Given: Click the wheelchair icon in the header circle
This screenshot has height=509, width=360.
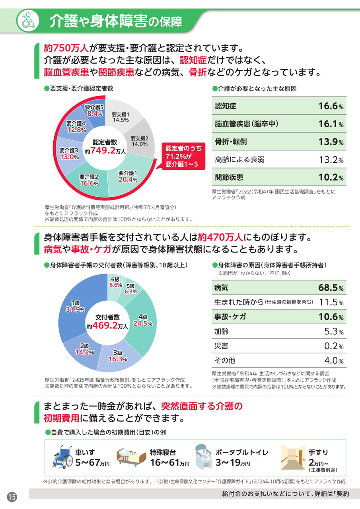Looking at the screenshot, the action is pos(28,20).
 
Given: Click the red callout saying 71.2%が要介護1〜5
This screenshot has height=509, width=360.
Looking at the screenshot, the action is pos(183,156).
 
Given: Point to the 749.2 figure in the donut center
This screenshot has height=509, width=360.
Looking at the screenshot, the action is pos(103,150).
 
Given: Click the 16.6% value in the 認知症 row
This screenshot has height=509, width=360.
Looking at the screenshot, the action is pos(331,106).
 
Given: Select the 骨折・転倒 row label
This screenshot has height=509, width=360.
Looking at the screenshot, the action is pos(231,142).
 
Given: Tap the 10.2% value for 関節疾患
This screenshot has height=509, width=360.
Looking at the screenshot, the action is pos(331,177).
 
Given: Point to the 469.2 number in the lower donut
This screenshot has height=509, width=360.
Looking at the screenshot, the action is pos(105,325).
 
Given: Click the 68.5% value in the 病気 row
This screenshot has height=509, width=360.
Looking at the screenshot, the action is pos(331,288).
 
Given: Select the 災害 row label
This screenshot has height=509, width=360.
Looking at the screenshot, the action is pos(221,346).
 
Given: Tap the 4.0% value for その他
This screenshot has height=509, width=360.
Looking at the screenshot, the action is pos(334,360).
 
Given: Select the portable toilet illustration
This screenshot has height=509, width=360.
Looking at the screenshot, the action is pos(203,457).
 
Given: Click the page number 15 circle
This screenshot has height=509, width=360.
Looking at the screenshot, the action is pos(12,497).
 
